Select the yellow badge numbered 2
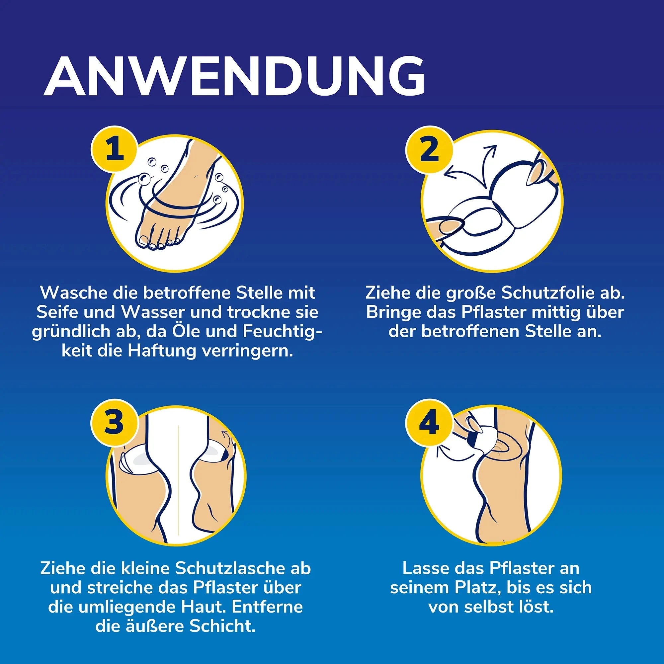point(429,150)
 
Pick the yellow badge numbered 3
point(114,422)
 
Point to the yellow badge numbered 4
point(429,422)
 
